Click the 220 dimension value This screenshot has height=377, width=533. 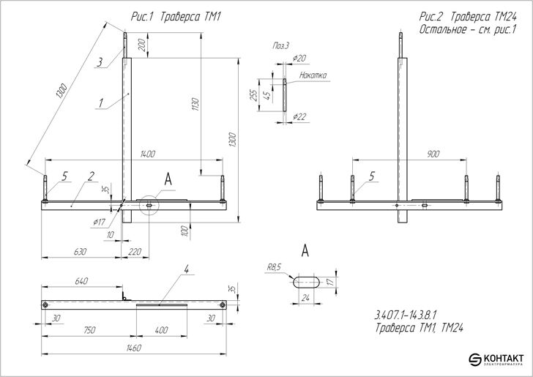[x=135, y=252]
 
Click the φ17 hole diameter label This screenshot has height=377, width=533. [x=100, y=221]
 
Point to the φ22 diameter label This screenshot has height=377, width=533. [x=299, y=116]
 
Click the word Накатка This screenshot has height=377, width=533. [x=313, y=75]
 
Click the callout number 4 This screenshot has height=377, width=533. [x=187, y=270]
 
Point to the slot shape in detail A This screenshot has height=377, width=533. [x=308, y=280]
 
